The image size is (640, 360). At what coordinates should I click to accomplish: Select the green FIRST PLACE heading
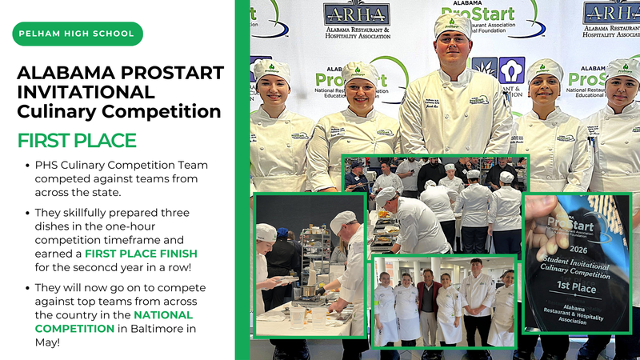[x=77, y=141]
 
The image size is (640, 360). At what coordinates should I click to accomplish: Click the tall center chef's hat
[x=452, y=25]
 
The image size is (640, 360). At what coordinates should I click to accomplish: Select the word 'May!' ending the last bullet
[x=49, y=342]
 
